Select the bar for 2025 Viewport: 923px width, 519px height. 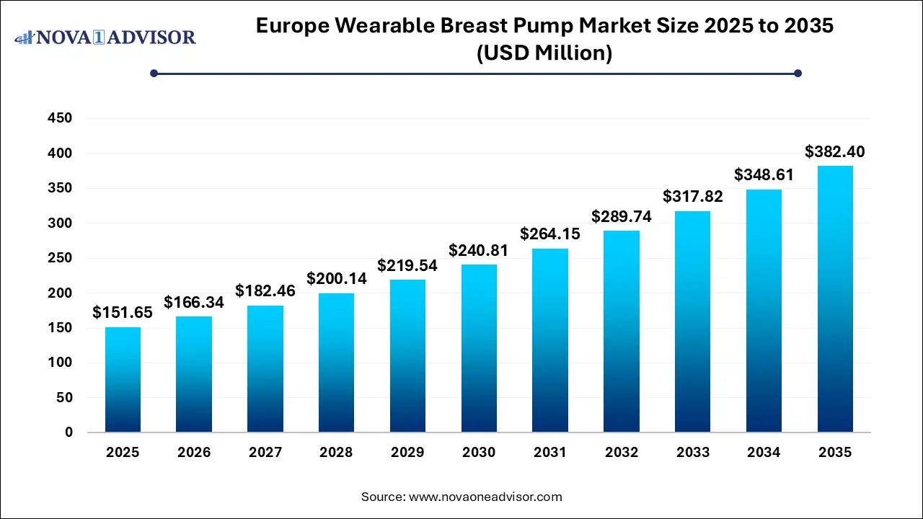pos(123,380)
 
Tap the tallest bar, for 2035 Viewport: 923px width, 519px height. pos(835,299)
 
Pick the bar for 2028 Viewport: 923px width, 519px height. pos(337,363)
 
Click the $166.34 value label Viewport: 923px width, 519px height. pos(194,303)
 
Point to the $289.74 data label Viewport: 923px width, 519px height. pos(622,216)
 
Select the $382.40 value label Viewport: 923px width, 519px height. pos(835,152)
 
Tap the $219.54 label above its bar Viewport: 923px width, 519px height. pos(407,265)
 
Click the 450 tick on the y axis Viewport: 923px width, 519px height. pos(60,118)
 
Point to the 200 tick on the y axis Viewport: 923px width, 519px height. pos(60,293)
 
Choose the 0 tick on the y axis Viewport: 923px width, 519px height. pos(69,432)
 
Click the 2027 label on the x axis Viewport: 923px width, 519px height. pos(265,453)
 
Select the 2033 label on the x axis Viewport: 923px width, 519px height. pos(692,453)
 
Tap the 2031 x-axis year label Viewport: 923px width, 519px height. pos(550,453)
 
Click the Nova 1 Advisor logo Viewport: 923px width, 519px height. pos(105,36)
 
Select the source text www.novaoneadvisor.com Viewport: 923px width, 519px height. pos(485,497)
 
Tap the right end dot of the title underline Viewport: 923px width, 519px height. pos(798,73)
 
